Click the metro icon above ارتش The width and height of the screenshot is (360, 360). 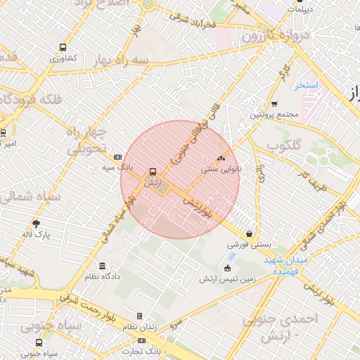[x=152, y=171]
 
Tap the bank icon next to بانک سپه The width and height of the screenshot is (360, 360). [x=117, y=157]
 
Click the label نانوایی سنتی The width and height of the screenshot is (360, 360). [x=221, y=169]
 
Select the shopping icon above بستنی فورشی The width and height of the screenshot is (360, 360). [x=250, y=234]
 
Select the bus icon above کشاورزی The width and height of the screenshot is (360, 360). [x=63, y=48]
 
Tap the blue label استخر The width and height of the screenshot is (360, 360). [x=307, y=84]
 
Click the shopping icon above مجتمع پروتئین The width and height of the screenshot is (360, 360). [x=274, y=104]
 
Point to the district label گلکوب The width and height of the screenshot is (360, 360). [x=284, y=146]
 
